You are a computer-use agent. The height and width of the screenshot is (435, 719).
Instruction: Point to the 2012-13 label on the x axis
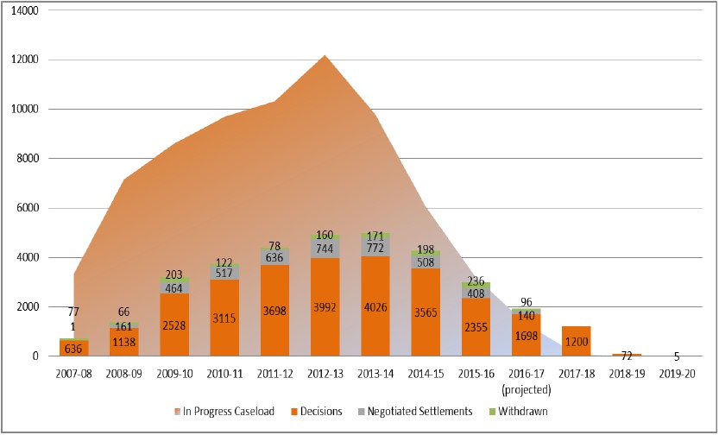point(325,374)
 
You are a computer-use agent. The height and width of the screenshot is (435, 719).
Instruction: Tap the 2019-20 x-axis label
point(677,374)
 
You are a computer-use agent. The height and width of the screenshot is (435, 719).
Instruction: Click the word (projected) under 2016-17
point(526,390)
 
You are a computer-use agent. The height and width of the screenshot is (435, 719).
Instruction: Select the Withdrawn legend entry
point(518,411)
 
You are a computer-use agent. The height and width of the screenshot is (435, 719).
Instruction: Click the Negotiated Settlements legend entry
point(414,411)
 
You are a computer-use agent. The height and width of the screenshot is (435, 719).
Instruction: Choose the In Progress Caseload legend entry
point(224,411)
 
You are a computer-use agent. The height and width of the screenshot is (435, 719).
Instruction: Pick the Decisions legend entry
point(316,411)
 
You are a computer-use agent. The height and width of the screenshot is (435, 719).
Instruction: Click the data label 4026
point(375,307)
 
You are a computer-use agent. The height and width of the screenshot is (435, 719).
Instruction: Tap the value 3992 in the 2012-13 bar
point(325,307)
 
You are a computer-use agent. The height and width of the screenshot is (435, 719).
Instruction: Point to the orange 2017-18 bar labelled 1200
point(577,341)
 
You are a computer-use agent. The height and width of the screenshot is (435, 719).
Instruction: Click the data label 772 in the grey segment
point(375,248)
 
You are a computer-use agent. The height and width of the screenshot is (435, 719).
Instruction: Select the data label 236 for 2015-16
point(476,281)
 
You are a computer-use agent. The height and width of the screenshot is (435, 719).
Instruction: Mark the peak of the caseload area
point(325,55)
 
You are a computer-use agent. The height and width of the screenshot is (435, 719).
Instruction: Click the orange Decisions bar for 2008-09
point(123,342)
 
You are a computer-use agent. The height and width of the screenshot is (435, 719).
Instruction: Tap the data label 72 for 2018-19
point(627,356)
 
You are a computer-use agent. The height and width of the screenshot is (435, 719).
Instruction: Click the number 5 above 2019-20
point(677,357)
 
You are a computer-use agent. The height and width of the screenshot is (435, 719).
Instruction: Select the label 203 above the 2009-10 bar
point(174,274)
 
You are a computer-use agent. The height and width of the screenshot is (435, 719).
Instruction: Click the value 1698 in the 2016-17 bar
point(526,336)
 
